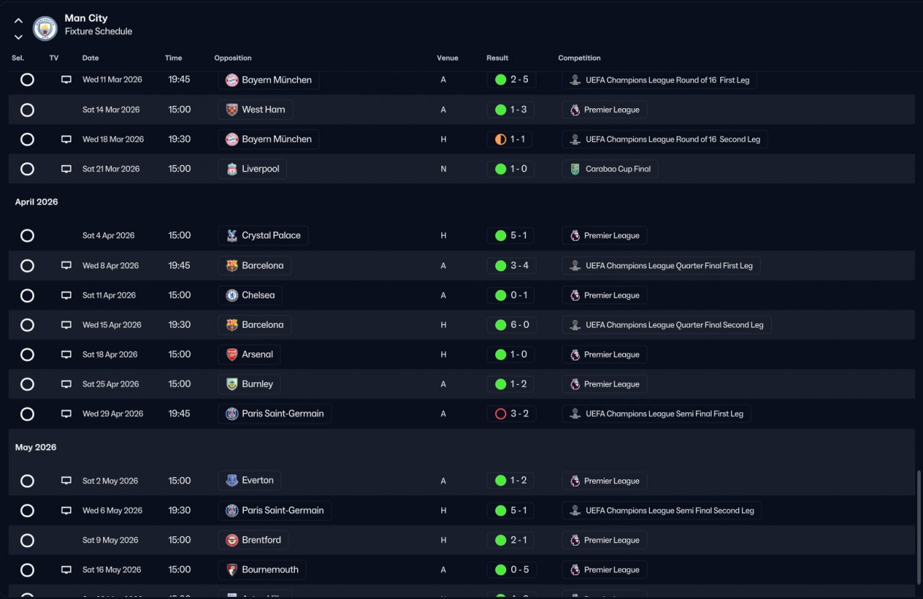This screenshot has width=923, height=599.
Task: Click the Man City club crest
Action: (45, 28)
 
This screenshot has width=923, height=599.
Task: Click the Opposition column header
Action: (233, 58)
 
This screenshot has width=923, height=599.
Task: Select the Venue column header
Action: (447, 58)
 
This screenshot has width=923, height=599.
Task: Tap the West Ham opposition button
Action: (256, 110)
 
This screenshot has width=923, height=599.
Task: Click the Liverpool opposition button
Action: (252, 169)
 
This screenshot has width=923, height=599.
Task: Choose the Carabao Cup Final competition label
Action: (610, 169)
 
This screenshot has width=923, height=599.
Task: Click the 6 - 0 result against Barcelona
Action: (511, 325)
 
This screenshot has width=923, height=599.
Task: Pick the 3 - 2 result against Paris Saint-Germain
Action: (511, 414)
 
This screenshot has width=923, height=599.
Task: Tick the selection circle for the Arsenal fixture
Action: (27, 355)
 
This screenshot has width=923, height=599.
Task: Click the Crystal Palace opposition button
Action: (263, 236)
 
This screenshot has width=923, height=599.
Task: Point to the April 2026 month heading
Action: (37, 202)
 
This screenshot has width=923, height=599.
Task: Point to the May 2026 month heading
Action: (36, 447)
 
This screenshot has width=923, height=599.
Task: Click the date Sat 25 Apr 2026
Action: (110, 384)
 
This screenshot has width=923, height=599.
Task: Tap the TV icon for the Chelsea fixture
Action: (66, 296)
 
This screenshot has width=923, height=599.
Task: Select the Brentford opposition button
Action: (253, 540)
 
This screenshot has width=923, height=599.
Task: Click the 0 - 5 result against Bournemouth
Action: (511, 569)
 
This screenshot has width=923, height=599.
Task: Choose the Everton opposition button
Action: (249, 481)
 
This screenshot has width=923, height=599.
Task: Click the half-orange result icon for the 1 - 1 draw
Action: (500, 139)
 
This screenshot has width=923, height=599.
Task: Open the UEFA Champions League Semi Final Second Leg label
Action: (662, 510)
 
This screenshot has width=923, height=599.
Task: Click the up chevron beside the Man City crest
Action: (19, 21)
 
